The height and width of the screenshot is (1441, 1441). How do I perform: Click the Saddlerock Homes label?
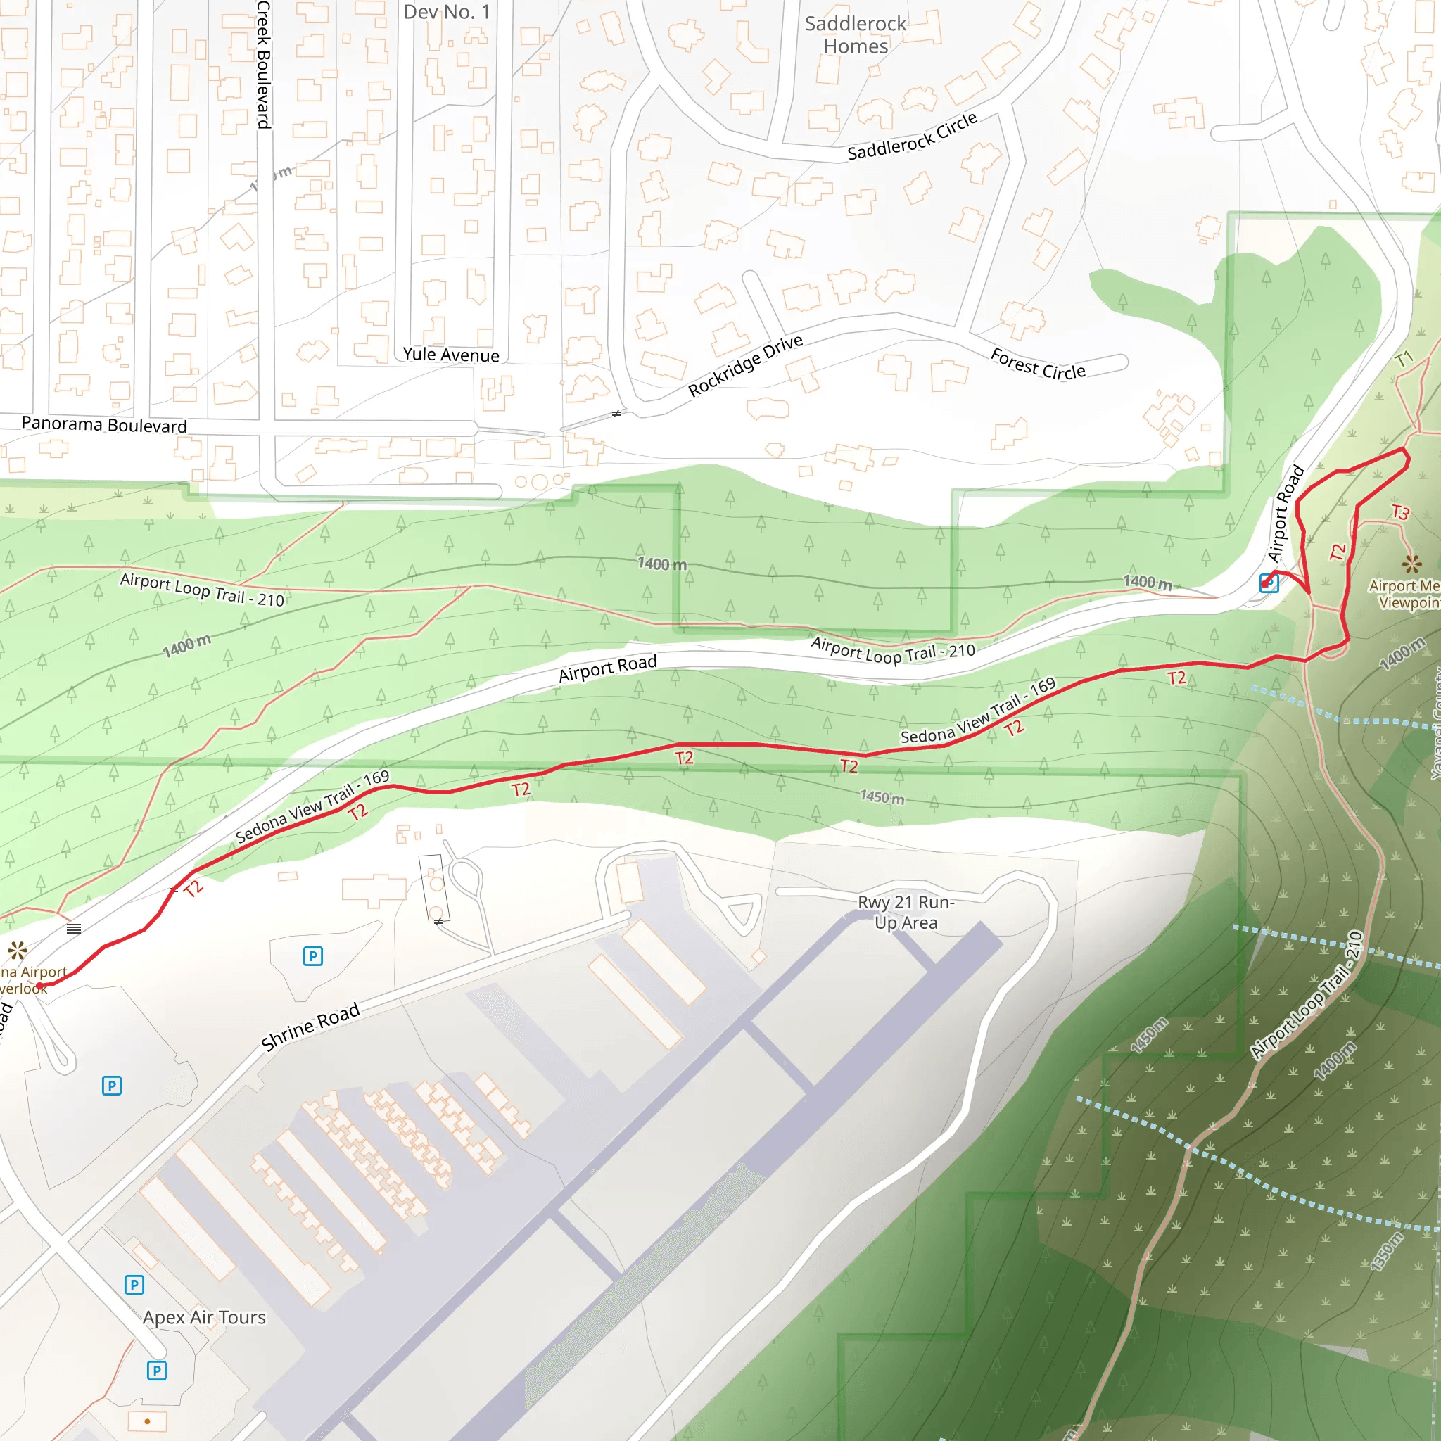coord(856,35)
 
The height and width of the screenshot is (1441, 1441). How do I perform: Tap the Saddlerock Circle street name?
coord(912,136)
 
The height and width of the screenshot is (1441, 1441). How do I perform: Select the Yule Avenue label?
coord(450,355)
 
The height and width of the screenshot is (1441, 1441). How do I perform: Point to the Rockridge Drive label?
coord(745,365)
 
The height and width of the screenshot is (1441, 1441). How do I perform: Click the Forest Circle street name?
coord(1038,364)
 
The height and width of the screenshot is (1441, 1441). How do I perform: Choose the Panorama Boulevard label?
coord(104,424)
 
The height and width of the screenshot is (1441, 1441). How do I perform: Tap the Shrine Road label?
coord(310,1027)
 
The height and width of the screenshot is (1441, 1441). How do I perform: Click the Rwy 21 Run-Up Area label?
coord(906,912)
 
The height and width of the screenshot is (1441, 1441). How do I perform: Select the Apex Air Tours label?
coord(204,1317)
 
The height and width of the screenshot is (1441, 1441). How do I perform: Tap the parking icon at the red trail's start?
coord(1269,583)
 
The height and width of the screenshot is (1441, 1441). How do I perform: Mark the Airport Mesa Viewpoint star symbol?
coord(1411,563)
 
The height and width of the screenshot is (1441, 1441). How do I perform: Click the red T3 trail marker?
coord(1400,512)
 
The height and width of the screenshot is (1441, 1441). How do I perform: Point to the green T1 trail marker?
coord(1404,359)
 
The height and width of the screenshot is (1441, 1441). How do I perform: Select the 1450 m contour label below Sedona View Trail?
coord(882,797)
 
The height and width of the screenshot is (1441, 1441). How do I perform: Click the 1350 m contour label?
coord(1387,1252)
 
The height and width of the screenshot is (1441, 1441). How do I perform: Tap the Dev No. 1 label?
coord(447,12)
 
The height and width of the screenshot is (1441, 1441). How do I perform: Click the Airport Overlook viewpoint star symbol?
coord(17,950)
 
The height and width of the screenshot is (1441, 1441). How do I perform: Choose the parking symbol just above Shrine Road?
coord(313,956)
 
